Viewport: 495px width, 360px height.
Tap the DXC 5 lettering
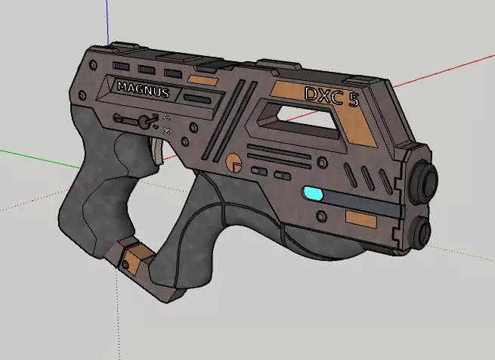pos(331,96)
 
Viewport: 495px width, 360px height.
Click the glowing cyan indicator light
pos(311,194)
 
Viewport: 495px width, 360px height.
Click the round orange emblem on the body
pos(235,162)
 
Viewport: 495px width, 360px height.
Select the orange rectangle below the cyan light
pos(360,219)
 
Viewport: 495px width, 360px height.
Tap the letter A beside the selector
pos(166,116)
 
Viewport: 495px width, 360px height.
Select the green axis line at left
pos(30,155)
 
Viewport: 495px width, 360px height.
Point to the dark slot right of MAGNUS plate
pos(199,98)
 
